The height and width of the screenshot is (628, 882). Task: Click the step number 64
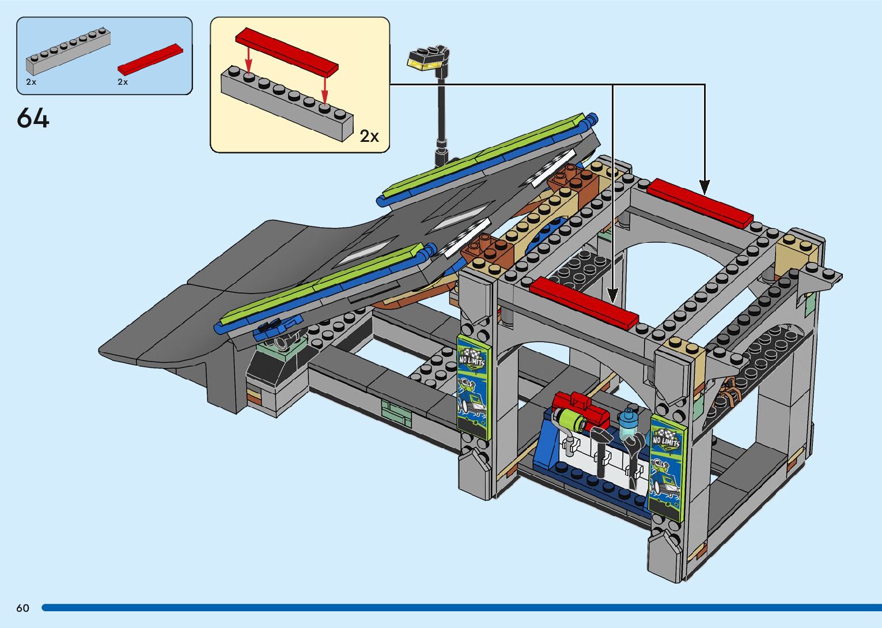(x=33, y=118)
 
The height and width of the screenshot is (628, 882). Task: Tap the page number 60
(x=23, y=608)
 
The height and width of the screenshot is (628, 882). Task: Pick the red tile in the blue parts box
(x=150, y=59)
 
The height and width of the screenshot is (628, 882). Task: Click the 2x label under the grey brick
(x=31, y=82)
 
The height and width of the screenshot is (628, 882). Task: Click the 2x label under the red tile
(x=123, y=82)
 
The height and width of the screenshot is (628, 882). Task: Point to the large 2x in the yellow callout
(x=369, y=136)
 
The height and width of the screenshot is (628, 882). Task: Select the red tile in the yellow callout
(x=287, y=52)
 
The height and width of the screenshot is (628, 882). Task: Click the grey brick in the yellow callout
(x=287, y=103)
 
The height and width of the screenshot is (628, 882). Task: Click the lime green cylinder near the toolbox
(x=571, y=420)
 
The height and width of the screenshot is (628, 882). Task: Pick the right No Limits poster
(x=667, y=468)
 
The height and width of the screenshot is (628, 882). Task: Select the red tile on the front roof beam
(x=584, y=303)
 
